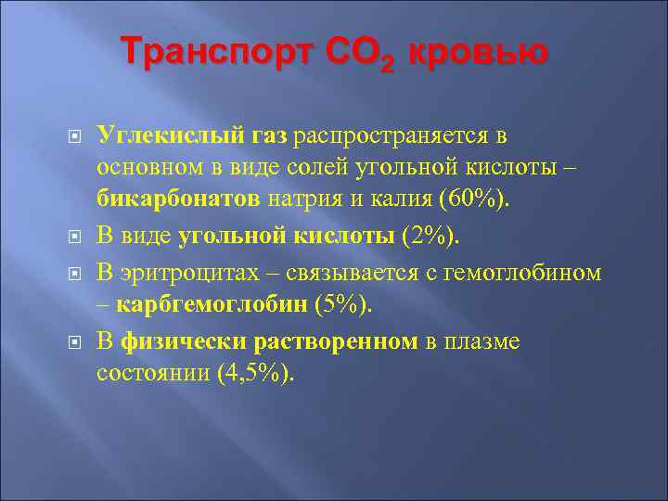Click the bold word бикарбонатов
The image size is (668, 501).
(x=181, y=198)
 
